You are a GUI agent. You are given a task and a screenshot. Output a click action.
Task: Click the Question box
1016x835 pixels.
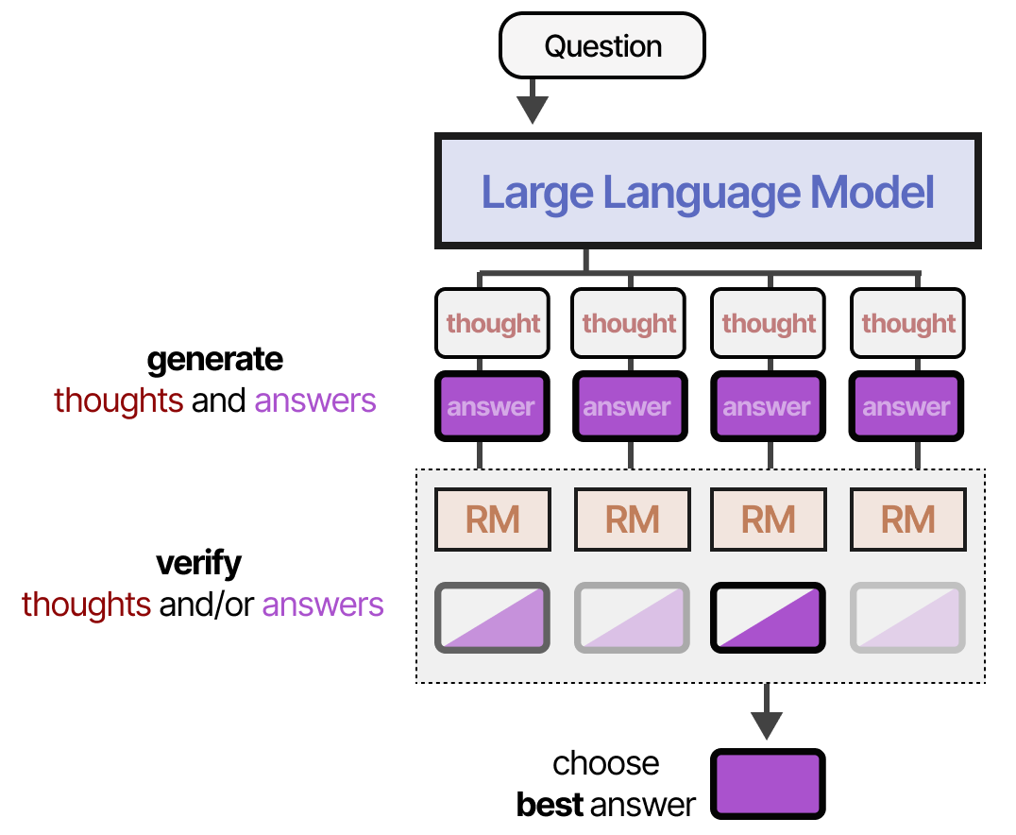[602, 45]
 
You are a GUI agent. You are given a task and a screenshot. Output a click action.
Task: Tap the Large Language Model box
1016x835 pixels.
[707, 193]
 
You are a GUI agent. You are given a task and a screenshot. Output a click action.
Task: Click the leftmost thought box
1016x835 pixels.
[492, 323]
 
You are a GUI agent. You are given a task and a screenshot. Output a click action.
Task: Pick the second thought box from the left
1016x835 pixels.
[629, 323]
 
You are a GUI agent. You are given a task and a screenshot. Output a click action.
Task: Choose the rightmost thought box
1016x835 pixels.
[907, 323]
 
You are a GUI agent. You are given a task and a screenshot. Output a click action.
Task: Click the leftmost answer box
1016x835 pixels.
[492, 407]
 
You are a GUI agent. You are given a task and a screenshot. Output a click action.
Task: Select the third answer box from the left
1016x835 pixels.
[767, 407]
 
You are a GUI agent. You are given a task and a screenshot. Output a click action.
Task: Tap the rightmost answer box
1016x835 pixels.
[907, 407]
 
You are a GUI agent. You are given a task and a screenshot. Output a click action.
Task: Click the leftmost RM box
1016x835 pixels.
[492, 519]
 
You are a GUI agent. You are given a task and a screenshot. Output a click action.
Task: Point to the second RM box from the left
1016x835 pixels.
[631, 519]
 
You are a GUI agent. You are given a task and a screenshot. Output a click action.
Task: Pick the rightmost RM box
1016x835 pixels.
[907, 519]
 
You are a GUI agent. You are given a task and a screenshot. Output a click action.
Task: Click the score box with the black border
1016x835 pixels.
[767, 618]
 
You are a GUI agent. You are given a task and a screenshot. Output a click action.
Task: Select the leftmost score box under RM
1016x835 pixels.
[492, 618]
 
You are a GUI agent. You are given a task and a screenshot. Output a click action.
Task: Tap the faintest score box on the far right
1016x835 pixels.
[907, 618]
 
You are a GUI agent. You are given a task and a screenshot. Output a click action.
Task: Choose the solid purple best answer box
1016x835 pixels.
[767, 783]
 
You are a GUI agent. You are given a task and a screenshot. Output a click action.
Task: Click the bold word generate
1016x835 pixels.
[214, 359]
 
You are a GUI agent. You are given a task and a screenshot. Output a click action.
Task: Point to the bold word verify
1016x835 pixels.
[198, 564]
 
